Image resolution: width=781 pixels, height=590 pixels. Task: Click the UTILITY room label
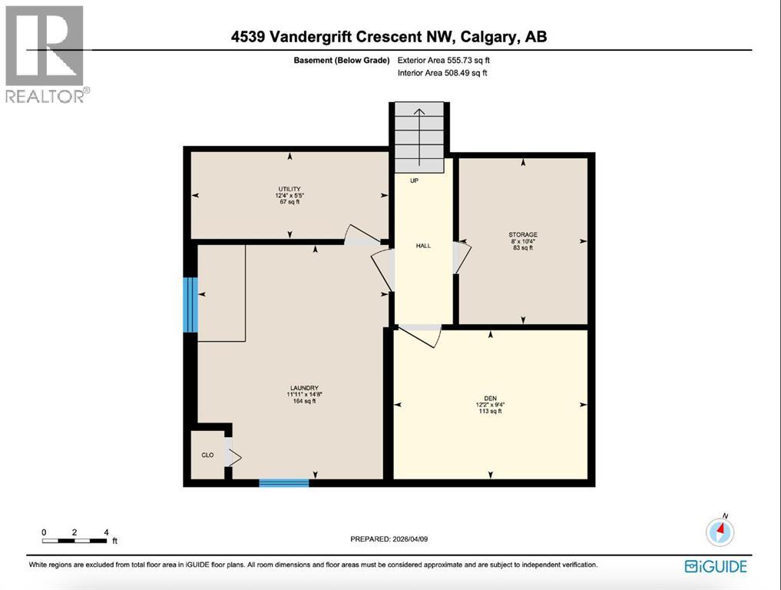coord(290,189)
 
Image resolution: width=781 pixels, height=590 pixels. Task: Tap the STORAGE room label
coord(522,234)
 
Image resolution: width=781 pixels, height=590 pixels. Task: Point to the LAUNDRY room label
coord(305,388)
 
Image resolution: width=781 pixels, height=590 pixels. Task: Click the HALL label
coord(423,246)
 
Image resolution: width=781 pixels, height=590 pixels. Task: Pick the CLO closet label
coord(207,455)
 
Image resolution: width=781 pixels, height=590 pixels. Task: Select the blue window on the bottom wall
coord(283,482)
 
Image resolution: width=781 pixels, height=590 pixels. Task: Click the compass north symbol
coord(720,531)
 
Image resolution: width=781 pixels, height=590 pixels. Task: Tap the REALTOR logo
coord(46,54)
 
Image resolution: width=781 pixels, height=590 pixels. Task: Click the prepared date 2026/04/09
coord(389,539)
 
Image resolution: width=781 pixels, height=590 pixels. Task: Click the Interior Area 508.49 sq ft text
coord(442,73)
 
